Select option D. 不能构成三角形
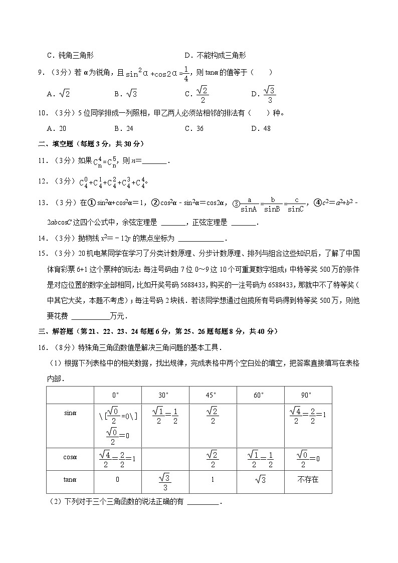point(215,56)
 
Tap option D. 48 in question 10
point(261,128)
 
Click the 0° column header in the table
point(118,395)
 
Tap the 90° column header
point(307,395)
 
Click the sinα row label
point(70,413)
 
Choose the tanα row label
point(70,479)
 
